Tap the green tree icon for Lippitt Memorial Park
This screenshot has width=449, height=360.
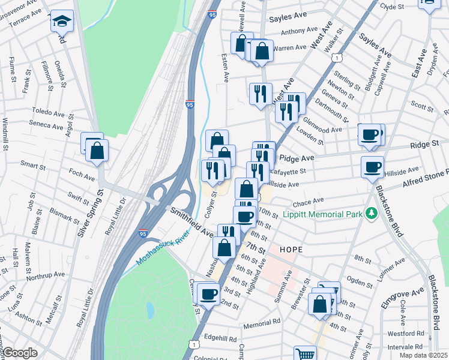pyautogui.click(x=372, y=214)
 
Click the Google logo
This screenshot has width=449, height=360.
pyautogui.click(x=20, y=353)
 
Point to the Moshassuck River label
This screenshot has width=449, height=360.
pyautogui.click(x=160, y=247)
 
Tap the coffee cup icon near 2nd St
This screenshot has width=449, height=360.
pyautogui.click(x=209, y=294)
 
